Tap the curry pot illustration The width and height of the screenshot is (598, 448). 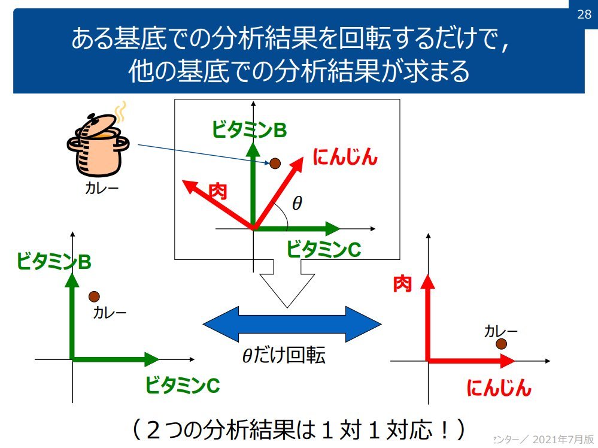[98, 144]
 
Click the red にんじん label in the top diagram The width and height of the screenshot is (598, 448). [345, 158]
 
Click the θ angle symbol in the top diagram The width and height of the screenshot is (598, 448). [297, 204]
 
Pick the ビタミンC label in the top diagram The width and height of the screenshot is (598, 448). [323, 249]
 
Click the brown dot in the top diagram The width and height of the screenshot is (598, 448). [275, 163]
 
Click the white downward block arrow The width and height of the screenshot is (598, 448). [287, 284]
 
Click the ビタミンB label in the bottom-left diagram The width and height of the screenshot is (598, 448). [54, 261]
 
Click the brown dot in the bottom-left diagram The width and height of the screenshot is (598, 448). [94, 296]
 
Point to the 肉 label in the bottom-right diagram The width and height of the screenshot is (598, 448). [402, 284]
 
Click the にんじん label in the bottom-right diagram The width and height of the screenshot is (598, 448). [499, 388]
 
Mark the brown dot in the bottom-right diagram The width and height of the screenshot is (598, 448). [501, 344]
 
